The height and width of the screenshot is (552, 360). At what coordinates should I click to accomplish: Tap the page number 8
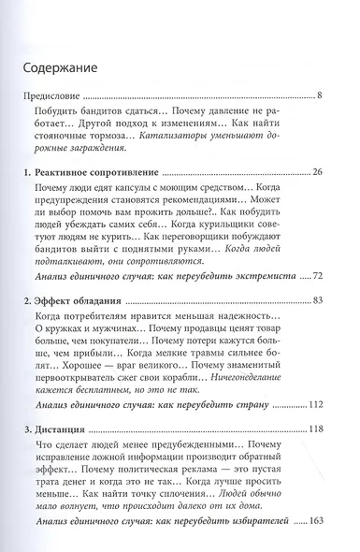tap(321, 95)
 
